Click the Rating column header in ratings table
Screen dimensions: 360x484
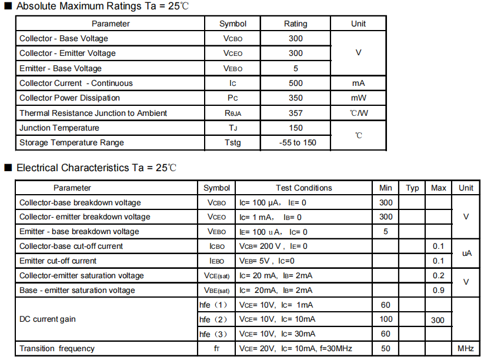296,24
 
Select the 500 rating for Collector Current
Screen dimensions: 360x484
296,83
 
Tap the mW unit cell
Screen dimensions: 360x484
358,98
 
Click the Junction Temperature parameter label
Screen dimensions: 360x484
59,128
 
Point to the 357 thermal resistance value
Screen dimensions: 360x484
296,113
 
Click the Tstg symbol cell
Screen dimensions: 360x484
232,142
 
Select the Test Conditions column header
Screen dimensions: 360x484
303,188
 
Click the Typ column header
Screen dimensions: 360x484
412,188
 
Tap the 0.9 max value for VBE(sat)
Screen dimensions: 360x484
438,290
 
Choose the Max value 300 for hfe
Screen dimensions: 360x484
438,320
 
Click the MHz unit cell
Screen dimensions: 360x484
465,349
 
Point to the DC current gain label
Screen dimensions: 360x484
48,319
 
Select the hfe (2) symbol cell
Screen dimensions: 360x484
213,319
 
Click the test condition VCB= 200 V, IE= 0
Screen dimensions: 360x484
273,246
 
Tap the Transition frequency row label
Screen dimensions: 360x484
57,349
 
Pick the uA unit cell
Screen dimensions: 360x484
466,253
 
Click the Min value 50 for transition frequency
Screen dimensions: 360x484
385,349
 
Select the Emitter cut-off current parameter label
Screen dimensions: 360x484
58,261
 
